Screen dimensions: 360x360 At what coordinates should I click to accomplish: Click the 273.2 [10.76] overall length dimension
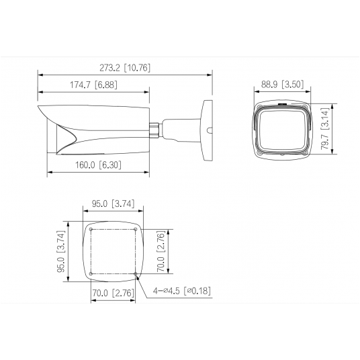tap(124, 67)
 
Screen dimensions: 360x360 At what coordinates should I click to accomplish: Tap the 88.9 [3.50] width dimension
tap(281, 85)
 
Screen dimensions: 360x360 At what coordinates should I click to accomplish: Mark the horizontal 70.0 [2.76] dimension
tap(114, 293)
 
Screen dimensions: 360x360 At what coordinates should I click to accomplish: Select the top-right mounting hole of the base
tap(136, 228)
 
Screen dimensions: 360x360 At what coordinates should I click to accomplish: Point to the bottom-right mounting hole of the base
tap(136, 273)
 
